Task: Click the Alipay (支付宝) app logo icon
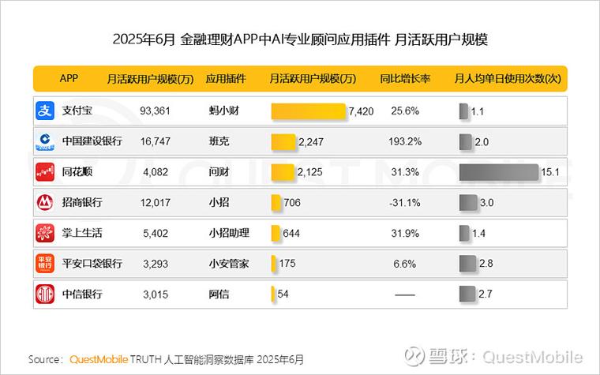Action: tap(44, 111)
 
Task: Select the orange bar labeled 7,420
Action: tap(308, 111)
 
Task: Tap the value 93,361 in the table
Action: tap(155, 111)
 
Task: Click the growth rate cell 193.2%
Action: tap(404, 141)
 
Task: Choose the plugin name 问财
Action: tap(219, 172)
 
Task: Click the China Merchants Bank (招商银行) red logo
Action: tap(44, 202)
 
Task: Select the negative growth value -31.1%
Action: tap(404, 202)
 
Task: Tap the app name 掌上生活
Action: tap(82, 233)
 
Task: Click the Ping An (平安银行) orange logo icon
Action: tap(44, 263)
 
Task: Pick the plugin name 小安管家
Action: tap(229, 263)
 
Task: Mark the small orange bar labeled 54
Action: tap(273, 294)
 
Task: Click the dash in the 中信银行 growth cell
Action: tap(404, 294)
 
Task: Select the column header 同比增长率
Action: tap(404, 79)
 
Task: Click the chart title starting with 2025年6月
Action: tap(300, 37)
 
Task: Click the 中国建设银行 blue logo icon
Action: tap(44, 141)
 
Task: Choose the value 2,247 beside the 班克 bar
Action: tap(311, 141)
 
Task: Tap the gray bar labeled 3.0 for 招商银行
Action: tap(468, 202)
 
